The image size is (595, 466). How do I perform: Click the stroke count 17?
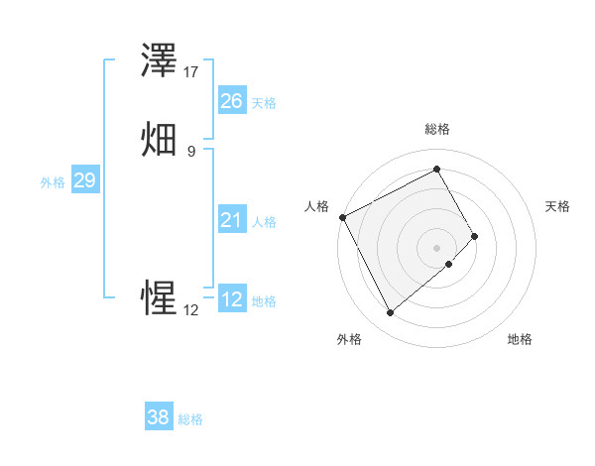(191, 71)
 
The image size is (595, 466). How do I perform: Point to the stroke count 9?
(190, 151)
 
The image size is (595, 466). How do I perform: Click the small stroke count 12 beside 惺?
(190, 309)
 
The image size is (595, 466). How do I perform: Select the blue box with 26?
(231, 101)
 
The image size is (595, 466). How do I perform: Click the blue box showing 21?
(231, 220)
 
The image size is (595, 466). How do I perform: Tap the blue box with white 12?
(231, 299)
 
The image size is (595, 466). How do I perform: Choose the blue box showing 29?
(84, 180)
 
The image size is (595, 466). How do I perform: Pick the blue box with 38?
(158, 417)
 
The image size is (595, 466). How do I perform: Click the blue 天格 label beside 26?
(264, 103)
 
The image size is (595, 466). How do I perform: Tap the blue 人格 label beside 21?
(264, 222)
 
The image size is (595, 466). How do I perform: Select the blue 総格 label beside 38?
(190, 419)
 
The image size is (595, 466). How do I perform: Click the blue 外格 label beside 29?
(53, 182)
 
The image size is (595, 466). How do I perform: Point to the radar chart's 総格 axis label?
(437, 129)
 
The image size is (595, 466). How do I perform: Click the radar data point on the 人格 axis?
(342, 216)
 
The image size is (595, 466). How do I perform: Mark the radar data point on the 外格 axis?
(390, 313)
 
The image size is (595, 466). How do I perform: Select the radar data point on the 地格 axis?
(449, 264)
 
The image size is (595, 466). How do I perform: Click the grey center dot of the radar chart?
(437, 246)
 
